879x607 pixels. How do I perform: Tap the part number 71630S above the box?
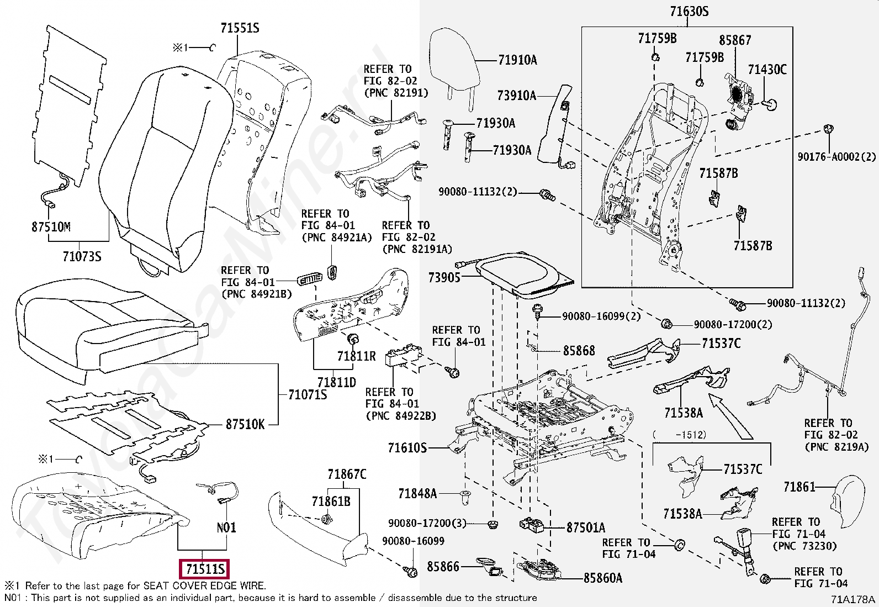pyautogui.click(x=689, y=11)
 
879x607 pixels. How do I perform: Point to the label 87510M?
pyautogui.click(x=51, y=227)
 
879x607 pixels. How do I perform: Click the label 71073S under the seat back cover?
pyautogui.click(x=82, y=257)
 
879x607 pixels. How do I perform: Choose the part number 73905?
pyautogui.click(x=444, y=277)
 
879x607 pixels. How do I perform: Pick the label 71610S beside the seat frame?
pyautogui.click(x=407, y=447)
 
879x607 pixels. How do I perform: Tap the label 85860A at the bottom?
pyautogui.click(x=603, y=578)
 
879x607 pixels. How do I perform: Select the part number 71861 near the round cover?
pyautogui.click(x=799, y=487)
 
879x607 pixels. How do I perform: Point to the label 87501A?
pyautogui.click(x=586, y=527)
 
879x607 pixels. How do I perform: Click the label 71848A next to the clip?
pyautogui.click(x=417, y=493)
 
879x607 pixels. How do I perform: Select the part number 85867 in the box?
pyautogui.click(x=734, y=40)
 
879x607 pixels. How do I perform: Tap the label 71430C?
pyautogui.click(x=767, y=70)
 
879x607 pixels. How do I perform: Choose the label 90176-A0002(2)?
pyautogui.click(x=836, y=157)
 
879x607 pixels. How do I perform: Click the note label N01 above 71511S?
pyautogui.click(x=226, y=527)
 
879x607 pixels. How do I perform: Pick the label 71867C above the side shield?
pyautogui.click(x=346, y=474)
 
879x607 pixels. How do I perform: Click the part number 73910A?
pyautogui.click(x=516, y=96)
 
